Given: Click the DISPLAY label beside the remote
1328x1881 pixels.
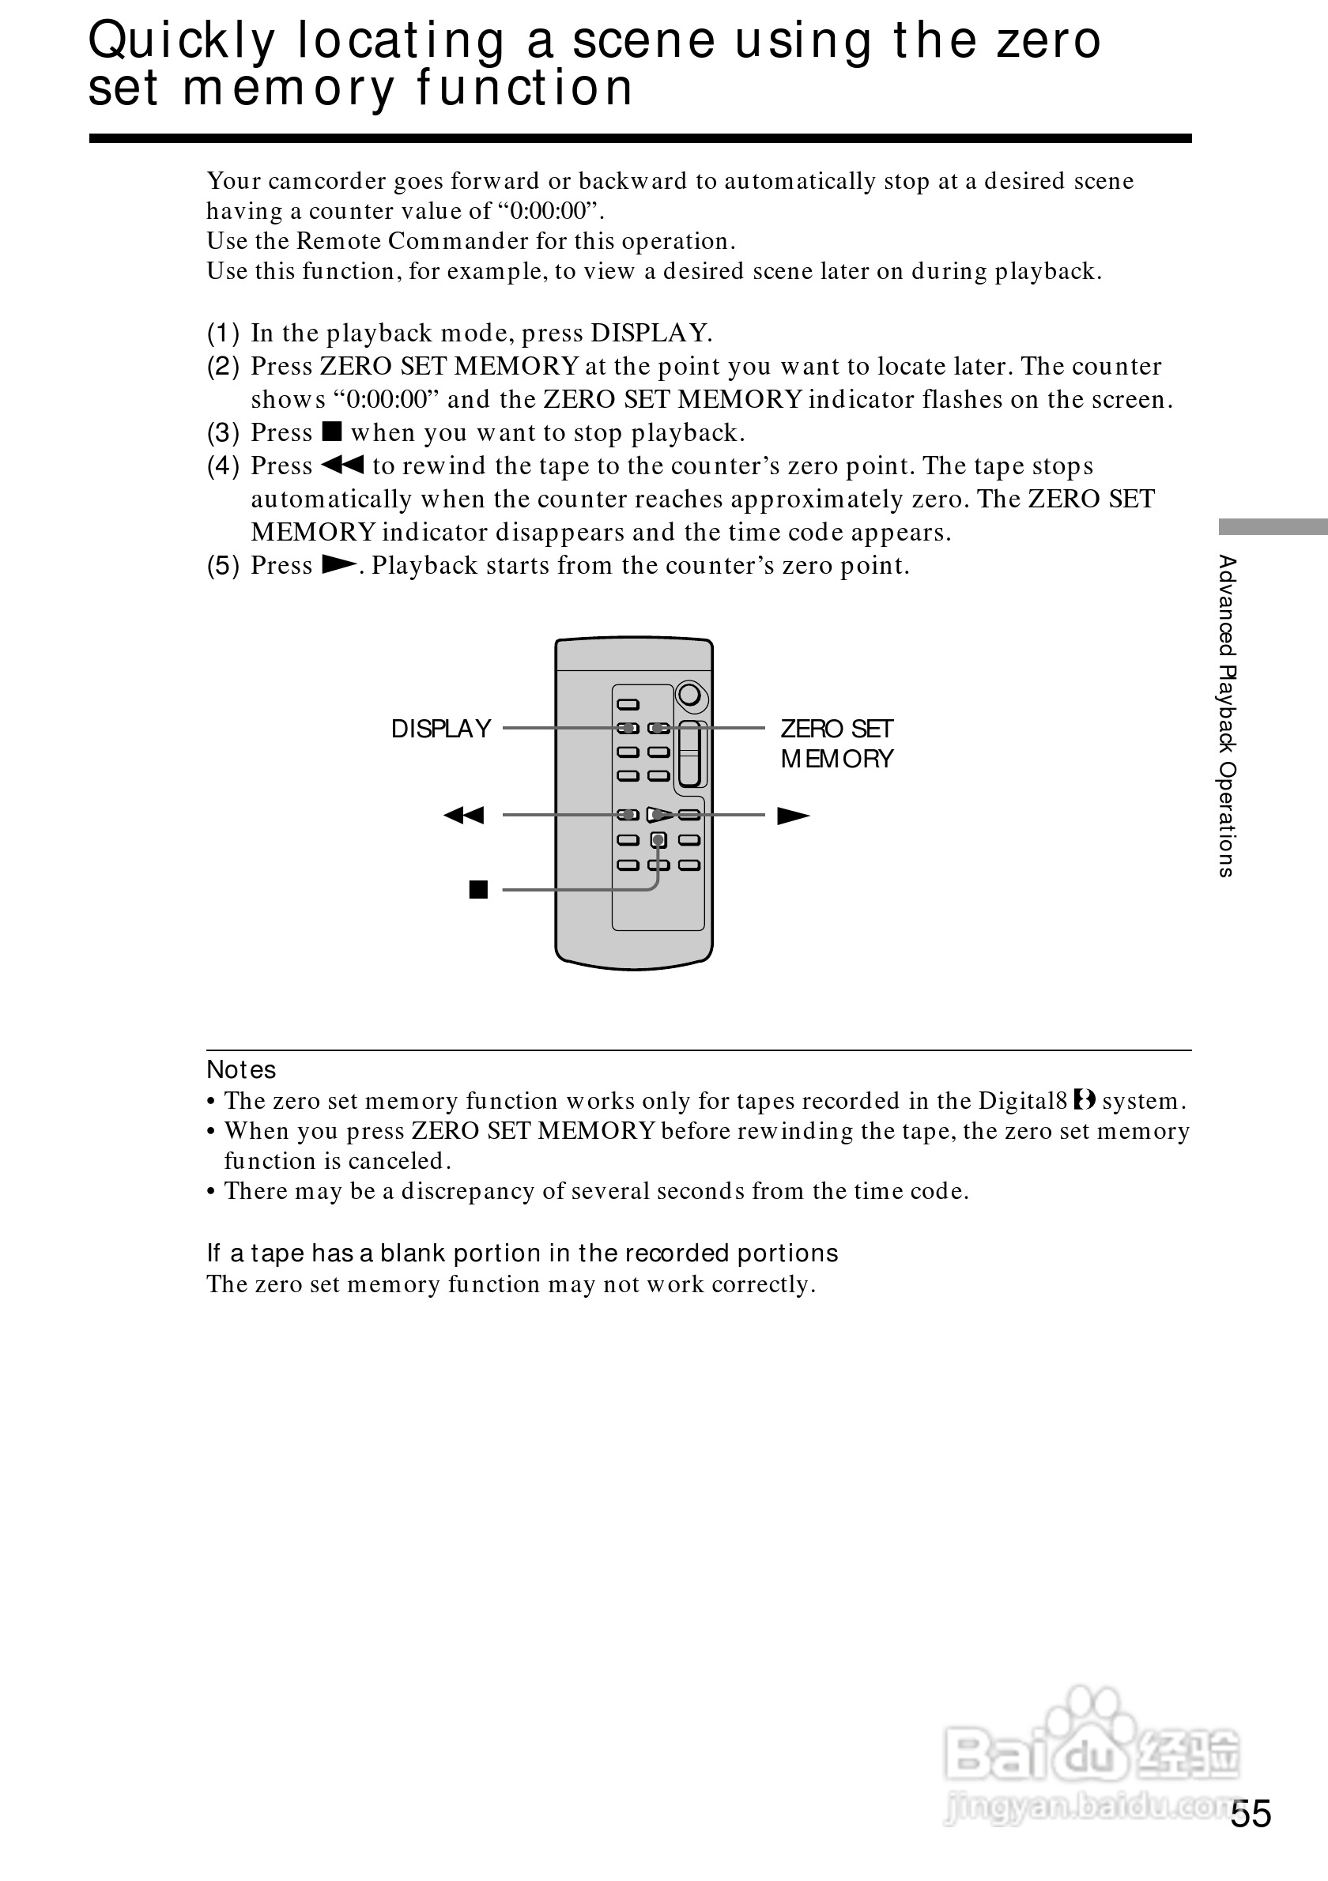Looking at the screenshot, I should tap(441, 729).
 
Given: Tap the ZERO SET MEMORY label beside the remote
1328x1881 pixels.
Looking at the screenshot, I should tap(836, 743).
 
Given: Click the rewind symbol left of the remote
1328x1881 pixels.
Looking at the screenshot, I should tap(464, 815).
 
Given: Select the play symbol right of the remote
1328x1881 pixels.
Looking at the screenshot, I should tap(792, 816).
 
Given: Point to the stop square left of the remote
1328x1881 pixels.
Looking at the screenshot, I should tap(478, 890).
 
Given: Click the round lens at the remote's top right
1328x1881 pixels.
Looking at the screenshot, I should tap(692, 696).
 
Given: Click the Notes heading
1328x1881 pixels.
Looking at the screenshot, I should tap(241, 1070).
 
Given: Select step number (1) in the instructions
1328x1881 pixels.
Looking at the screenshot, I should tap(223, 334).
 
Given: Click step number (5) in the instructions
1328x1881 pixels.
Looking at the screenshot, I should tap(223, 565).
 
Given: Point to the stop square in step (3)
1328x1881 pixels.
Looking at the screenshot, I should tap(332, 432).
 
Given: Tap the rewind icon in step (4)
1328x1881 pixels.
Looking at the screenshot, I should tap(341, 466).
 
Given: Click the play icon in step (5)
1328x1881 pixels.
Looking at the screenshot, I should tap(339, 564).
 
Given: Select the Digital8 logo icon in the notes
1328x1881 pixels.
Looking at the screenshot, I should tap(1085, 1099).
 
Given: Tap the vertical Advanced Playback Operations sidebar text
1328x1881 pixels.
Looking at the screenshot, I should tap(1226, 716).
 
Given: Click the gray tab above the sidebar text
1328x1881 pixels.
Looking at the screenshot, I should tap(1273, 527).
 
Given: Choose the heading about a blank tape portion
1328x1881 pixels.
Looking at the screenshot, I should tap(522, 1253).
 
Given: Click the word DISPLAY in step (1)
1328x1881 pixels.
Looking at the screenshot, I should tap(651, 334).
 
